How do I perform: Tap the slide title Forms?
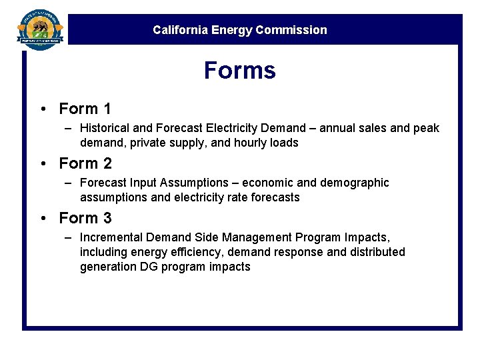pyautogui.click(x=239, y=70)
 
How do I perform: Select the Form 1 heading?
pyautogui.click(x=85, y=109)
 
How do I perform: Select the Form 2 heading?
pyautogui.click(x=85, y=163)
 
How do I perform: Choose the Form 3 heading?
pyautogui.click(x=85, y=218)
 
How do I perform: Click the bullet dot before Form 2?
pyautogui.click(x=42, y=164)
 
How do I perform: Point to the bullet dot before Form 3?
pyautogui.click(x=42, y=219)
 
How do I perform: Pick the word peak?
pyautogui.click(x=426, y=128)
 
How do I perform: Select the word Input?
pyautogui.click(x=145, y=183)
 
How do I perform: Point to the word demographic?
pyautogui.click(x=357, y=183)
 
